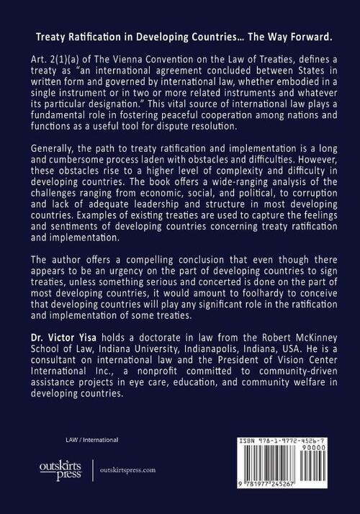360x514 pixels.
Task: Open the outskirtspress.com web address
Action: [x=131, y=469]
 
